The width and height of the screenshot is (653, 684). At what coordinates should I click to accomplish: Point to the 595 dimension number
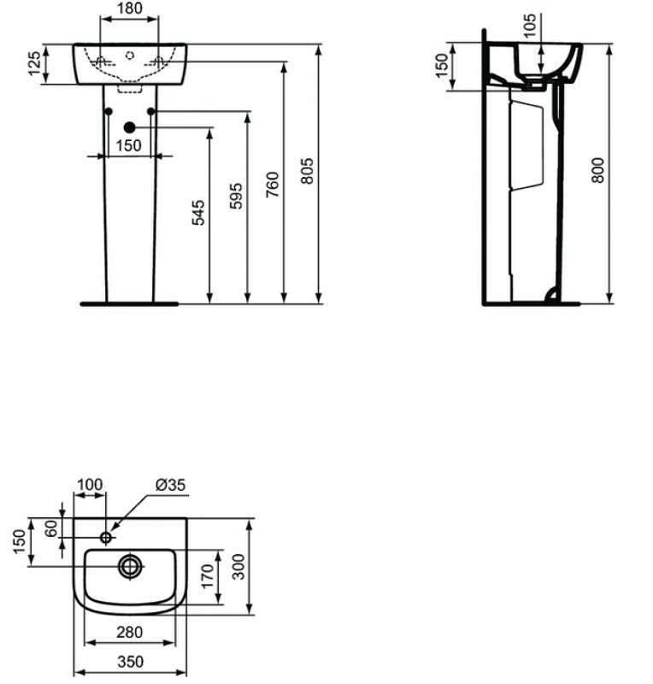pos(237,197)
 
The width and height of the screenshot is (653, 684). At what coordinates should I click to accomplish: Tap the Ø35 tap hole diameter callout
pos(170,485)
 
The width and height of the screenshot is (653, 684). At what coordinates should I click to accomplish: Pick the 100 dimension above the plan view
pos(90,485)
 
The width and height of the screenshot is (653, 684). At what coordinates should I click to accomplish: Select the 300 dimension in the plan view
pos(242,566)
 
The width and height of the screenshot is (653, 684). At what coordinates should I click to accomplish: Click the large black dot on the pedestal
pos(130,128)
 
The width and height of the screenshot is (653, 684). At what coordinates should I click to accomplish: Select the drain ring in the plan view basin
pos(131,565)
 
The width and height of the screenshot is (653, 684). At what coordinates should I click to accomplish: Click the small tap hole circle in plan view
pos(107,537)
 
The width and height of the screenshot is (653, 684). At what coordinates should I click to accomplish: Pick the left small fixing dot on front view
pos(109,112)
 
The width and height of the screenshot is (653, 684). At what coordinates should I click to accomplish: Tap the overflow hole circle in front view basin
pos(130,56)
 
